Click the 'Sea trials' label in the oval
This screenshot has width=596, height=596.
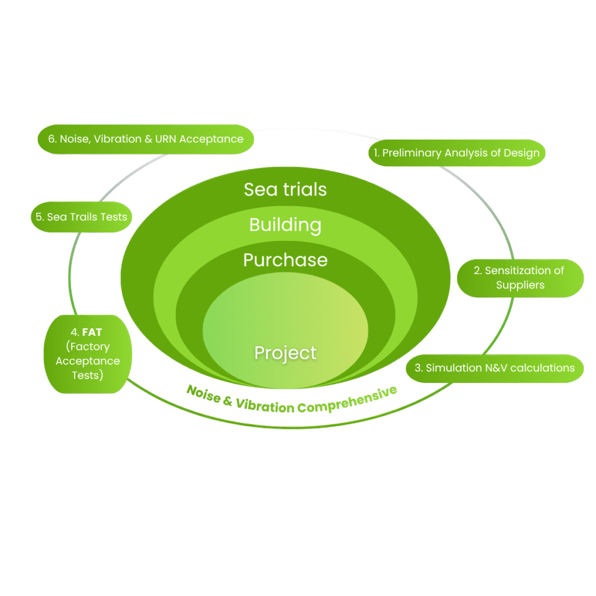pos(285,190)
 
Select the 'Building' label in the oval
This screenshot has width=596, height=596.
pos(285,225)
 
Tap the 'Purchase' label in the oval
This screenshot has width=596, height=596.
pos(285,260)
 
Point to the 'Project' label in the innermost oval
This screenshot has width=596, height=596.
pos(285,353)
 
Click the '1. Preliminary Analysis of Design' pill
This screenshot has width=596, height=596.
pos(457,154)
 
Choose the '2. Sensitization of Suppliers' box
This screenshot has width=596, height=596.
pos(520,278)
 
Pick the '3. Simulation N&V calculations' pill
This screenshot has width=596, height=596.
pos(494,368)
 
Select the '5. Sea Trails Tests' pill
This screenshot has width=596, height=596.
pos(81,217)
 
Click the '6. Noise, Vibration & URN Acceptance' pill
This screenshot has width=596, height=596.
pos(146,139)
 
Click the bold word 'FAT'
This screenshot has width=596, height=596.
pos(92,333)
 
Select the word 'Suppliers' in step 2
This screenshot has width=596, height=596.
pos(520,285)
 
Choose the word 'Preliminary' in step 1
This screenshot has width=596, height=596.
pos(412,154)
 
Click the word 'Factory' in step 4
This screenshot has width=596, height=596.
pos(87,347)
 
